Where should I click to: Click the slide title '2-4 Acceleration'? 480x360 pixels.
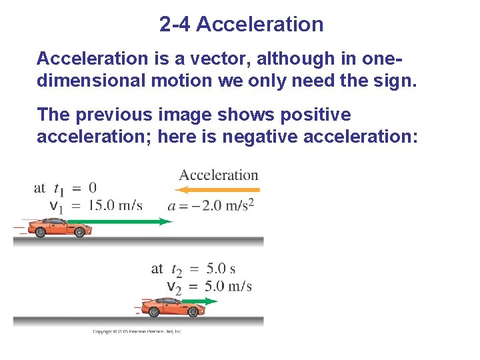(241, 25)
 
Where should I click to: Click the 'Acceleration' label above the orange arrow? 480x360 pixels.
(218, 175)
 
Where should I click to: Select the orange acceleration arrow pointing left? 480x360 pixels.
(220, 189)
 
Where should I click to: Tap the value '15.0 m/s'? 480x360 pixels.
(115, 205)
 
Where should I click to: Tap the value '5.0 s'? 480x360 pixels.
(221, 269)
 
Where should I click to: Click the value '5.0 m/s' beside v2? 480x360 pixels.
(229, 287)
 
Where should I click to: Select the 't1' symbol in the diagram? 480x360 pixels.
(60, 189)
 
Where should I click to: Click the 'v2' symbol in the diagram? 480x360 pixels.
(174, 287)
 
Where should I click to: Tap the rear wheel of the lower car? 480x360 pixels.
(154, 312)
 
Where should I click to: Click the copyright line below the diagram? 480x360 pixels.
(137, 331)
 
